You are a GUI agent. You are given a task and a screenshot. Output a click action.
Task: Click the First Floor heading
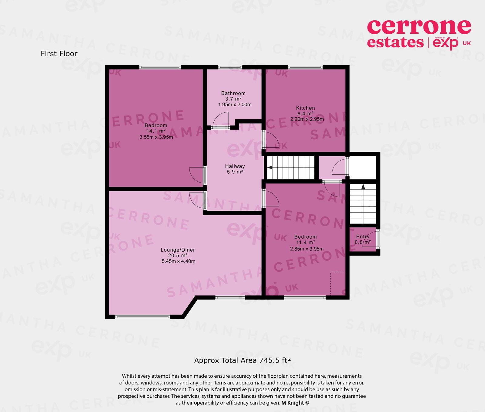tap(59, 54)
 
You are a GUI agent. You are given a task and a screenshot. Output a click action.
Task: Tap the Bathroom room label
tap(233, 93)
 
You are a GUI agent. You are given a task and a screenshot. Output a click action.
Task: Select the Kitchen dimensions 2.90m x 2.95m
tap(307, 119)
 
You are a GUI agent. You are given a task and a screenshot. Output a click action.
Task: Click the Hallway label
tap(235, 166)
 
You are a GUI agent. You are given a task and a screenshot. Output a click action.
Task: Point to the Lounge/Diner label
tap(178, 250)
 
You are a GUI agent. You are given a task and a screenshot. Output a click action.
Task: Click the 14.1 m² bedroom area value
tap(156, 131)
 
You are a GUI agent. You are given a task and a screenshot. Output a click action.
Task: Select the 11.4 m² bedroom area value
tap(305, 243)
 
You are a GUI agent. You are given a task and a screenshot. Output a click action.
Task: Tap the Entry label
tap(363, 237)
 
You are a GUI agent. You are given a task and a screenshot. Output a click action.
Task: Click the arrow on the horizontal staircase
tap(269, 167)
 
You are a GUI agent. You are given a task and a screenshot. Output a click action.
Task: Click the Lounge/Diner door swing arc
tap(196, 201)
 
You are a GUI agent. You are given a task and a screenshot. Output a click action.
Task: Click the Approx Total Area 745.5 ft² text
tap(242, 360)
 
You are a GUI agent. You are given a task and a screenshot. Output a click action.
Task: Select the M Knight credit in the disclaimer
tap(295, 403)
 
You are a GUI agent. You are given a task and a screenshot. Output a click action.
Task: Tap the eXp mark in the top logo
tap(445, 43)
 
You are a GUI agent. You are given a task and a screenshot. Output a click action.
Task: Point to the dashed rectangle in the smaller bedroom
tap(337, 283)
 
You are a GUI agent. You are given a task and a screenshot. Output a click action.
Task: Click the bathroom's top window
tap(230, 67)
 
